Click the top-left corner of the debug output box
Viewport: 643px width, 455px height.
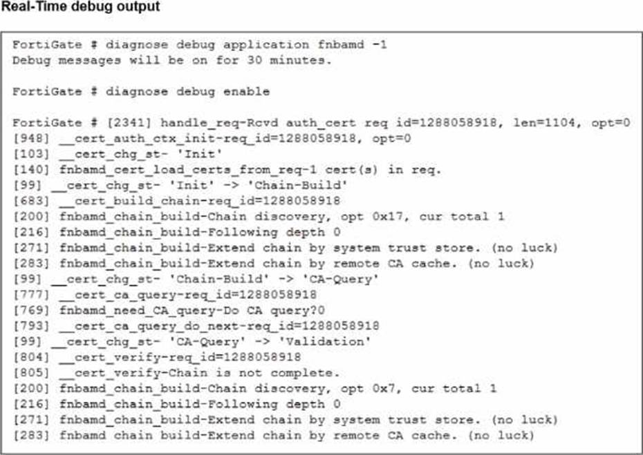click(x=1, y=32)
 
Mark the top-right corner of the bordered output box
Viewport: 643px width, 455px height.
click(x=642, y=32)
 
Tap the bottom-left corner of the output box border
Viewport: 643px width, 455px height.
click(x=1, y=454)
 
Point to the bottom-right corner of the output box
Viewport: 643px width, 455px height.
click(x=642, y=454)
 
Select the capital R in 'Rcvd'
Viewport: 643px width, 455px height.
click(x=250, y=122)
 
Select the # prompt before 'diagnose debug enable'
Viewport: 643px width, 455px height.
click(x=93, y=91)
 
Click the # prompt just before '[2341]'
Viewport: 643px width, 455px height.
click(x=93, y=122)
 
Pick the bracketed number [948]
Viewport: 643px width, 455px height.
click(x=30, y=138)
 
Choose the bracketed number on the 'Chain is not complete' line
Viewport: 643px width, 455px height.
click(x=30, y=373)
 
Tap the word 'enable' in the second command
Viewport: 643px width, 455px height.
click(x=246, y=91)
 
